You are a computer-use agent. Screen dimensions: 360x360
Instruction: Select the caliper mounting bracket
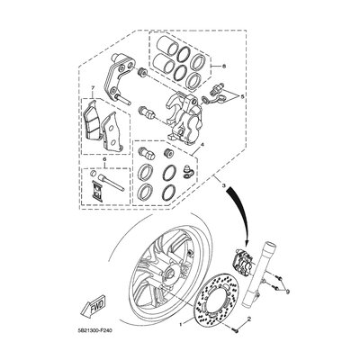pos(122,81)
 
